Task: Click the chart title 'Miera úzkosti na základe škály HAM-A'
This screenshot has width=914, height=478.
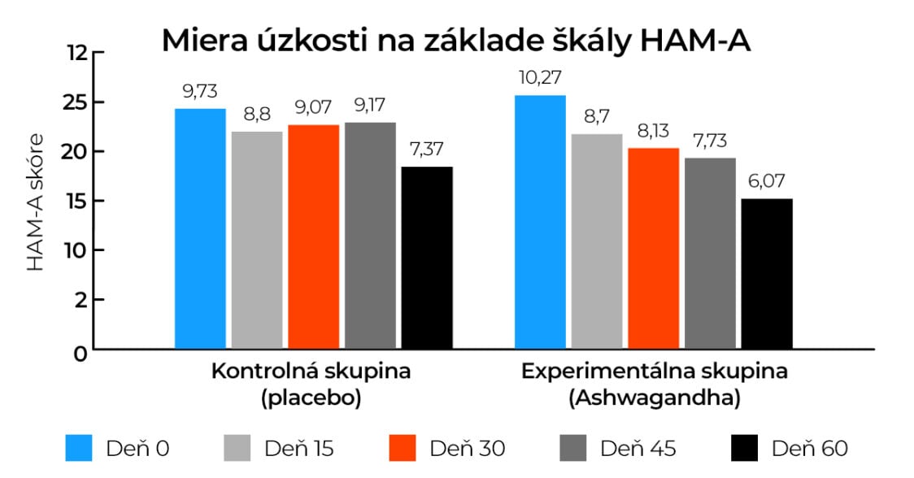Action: point(455,40)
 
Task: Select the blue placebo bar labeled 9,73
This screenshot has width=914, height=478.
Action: point(200,228)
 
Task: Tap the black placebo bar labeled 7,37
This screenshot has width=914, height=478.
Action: point(427,258)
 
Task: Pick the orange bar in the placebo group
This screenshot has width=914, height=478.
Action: point(313,237)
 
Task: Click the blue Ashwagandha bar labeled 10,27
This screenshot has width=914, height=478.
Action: point(540,222)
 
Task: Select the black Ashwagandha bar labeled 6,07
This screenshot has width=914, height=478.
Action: point(767,274)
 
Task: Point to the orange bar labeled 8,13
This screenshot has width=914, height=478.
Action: point(653,248)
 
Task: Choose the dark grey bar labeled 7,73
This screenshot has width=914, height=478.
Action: point(710,253)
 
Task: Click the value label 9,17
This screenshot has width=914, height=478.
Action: point(369,106)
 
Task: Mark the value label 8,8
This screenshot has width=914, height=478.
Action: point(256,115)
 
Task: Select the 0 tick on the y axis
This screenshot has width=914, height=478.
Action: point(80,353)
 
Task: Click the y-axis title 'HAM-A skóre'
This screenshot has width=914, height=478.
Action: point(36,203)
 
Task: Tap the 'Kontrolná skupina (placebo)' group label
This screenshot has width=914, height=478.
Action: point(311,385)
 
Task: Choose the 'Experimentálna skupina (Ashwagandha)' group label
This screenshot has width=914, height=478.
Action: point(654,385)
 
